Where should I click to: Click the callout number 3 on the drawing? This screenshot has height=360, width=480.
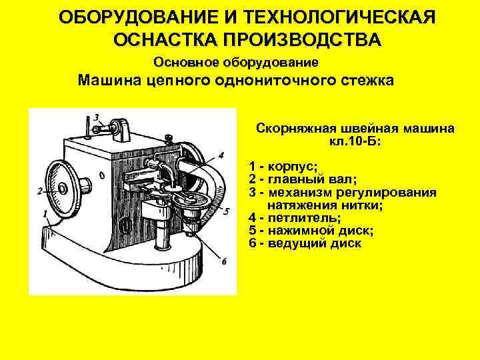coord(97,117)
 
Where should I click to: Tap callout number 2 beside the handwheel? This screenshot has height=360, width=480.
coord(39,192)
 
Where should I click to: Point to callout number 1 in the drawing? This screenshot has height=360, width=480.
coord(45,215)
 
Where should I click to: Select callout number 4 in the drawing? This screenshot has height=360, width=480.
coord(221,155)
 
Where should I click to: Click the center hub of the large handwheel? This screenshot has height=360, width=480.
coord(62,188)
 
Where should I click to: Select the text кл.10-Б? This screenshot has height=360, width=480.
coord(354,141)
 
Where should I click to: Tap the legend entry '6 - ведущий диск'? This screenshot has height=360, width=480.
coord(305,243)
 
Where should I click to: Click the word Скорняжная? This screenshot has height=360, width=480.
coord(291,128)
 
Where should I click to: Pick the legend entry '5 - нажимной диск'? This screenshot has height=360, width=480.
coord(311,231)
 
